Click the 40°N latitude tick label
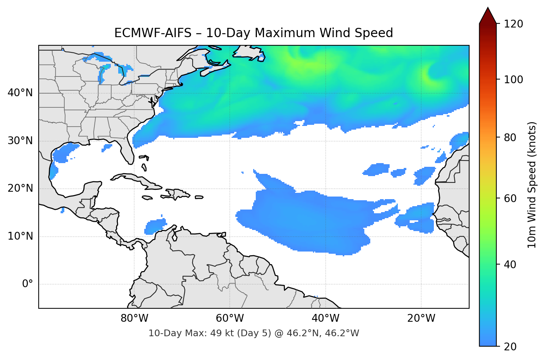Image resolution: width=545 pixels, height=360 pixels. point(20,93)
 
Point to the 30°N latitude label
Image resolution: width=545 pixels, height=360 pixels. point(20,141)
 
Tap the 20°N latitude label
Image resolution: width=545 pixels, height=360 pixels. point(20,188)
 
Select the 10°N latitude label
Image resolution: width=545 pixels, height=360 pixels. point(20,236)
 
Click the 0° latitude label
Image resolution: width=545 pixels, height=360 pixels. point(28,284)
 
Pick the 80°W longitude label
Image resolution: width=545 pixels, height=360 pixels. point(134,318)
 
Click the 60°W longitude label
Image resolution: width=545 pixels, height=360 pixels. point(230,318)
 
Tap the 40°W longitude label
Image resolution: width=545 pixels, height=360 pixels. point(326,318)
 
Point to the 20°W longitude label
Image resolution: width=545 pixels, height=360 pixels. point(421,318)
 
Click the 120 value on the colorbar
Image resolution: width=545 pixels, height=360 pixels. point(513,24)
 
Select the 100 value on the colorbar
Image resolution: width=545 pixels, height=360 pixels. point(513,80)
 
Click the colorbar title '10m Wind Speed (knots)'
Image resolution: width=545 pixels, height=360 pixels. point(532,185)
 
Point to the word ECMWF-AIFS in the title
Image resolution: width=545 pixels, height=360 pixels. point(153,33)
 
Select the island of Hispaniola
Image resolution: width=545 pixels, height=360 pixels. point(178,194)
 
